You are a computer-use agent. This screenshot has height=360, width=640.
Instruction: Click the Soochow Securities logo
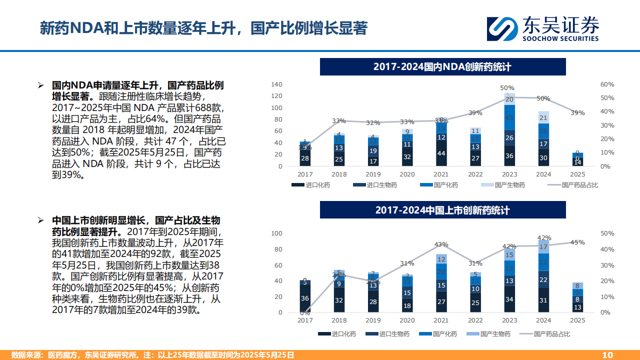542,28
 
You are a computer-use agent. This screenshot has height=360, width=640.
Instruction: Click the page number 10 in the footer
607,355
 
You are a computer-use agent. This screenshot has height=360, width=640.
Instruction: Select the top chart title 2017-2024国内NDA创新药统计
442,67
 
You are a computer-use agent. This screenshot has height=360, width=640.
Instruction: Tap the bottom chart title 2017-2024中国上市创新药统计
442,210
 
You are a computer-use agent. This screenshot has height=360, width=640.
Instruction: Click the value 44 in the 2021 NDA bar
441,154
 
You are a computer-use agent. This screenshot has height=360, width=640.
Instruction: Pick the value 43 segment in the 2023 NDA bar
509,118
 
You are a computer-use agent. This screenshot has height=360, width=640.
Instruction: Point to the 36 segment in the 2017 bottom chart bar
304,298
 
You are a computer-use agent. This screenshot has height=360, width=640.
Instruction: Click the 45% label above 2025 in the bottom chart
577,242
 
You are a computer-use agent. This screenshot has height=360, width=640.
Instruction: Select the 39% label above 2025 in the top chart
577,113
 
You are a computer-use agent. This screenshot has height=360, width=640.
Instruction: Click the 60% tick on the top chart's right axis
607,84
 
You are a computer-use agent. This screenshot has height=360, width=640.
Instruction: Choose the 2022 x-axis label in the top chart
475,174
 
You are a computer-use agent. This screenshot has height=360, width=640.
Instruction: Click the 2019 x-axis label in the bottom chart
373,320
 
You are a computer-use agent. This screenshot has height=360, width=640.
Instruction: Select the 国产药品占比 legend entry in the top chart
573,185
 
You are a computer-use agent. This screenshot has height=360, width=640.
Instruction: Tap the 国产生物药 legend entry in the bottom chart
488,334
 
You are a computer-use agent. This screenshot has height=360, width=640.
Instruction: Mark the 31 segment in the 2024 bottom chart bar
543,300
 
